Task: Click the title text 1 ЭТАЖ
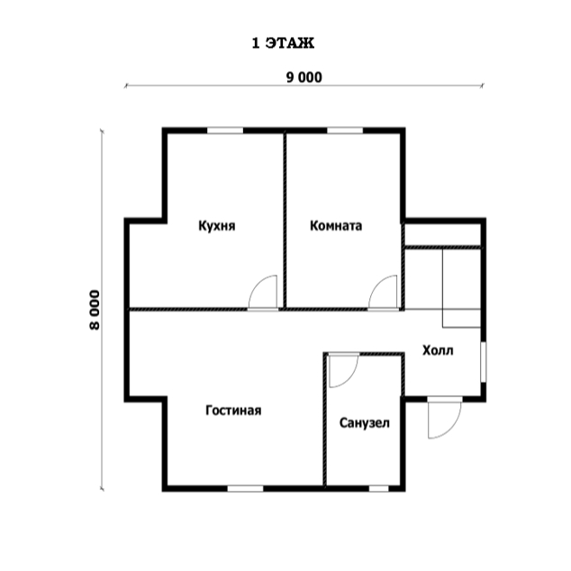pyautogui.click(x=283, y=43)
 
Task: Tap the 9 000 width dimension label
pyautogui.click(x=304, y=77)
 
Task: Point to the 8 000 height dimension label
pyautogui.click(x=95, y=310)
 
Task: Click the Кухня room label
pyautogui.click(x=217, y=226)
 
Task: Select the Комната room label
pyautogui.click(x=336, y=226)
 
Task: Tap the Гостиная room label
pyautogui.click(x=233, y=411)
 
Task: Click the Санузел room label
pyautogui.click(x=365, y=422)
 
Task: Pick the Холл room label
pyautogui.click(x=438, y=350)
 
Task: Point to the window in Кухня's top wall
pyautogui.click(x=225, y=131)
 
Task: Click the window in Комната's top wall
pyautogui.click(x=345, y=131)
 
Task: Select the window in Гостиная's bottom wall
pyautogui.click(x=246, y=488)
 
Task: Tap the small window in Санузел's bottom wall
pyautogui.click(x=379, y=488)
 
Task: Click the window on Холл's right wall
pyautogui.click(x=484, y=362)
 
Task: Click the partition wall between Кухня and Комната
pyautogui.click(x=285, y=221)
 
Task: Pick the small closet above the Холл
pyautogui.click(x=443, y=235)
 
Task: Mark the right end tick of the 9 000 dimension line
pyautogui.click(x=482, y=86)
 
